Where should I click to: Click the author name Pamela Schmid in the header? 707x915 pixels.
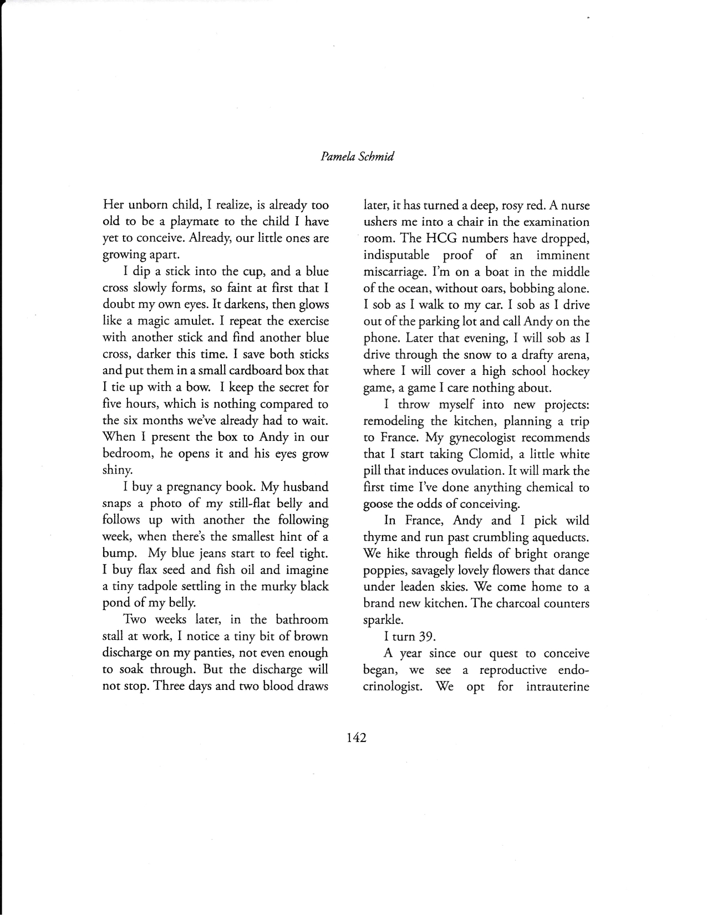coord(357,157)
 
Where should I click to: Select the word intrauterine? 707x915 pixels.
coord(557,687)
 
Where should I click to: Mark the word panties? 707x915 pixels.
coord(235,653)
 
